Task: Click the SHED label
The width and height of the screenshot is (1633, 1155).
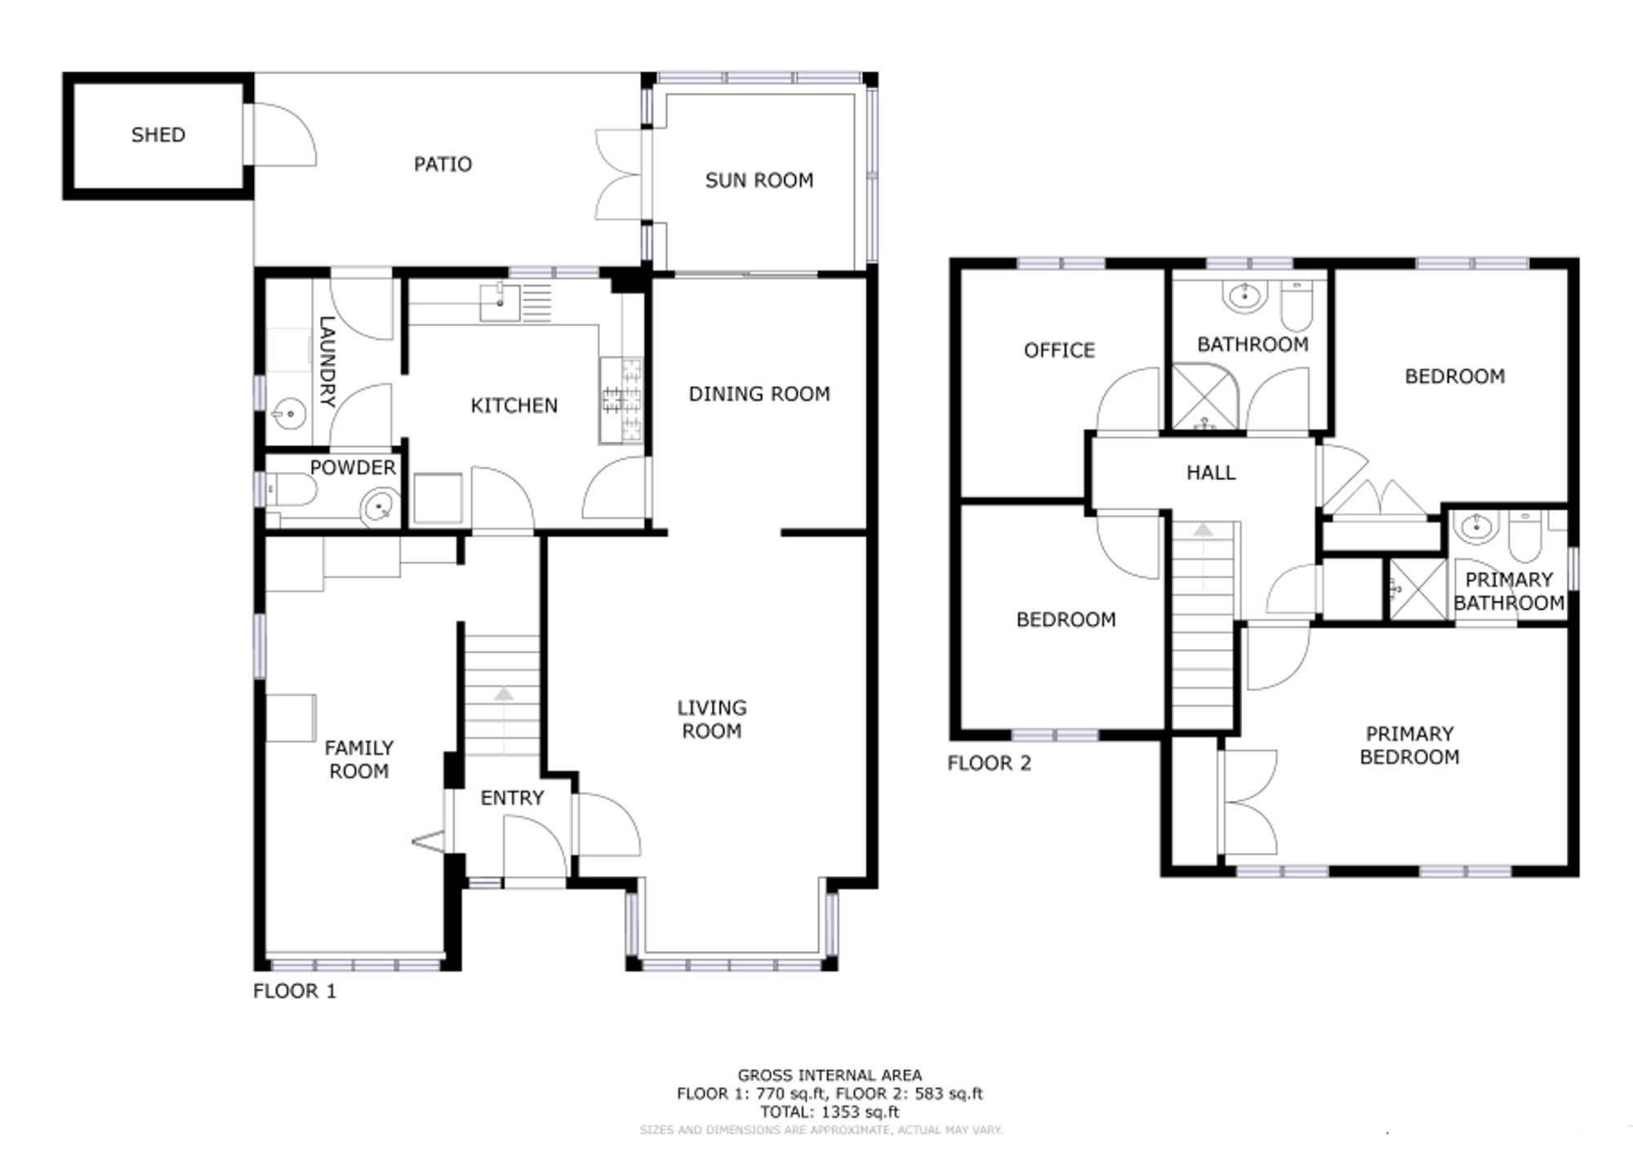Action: click(x=158, y=135)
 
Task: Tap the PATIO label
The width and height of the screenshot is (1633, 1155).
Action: click(x=443, y=164)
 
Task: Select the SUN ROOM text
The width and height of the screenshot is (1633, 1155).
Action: click(x=759, y=180)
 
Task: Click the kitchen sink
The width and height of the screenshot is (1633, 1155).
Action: click(x=499, y=301)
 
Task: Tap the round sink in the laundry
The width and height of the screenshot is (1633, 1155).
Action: click(x=287, y=415)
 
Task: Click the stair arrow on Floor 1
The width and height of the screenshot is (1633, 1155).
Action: click(x=504, y=694)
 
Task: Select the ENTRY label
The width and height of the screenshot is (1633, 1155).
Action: click(x=512, y=797)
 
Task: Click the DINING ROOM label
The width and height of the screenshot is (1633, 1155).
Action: click(x=759, y=393)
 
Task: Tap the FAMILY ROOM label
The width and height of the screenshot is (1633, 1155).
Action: click(x=358, y=759)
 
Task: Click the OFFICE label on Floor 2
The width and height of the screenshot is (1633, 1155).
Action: click(x=1059, y=350)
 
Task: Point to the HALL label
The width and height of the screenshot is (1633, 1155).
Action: click(x=1210, y=473)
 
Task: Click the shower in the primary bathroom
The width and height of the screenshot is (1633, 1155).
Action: click(x=1417, y=588)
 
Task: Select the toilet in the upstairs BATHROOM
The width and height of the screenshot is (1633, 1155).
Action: click(x=1296, y=304)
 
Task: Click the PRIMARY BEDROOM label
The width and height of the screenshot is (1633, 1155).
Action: click(x=1409, y=745)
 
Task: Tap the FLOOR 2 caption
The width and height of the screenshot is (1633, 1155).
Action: click(x=989, y=763)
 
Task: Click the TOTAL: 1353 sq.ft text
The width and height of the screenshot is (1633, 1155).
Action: click(x=829, y=1112)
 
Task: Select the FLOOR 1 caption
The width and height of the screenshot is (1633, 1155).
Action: click(x=294, y=991)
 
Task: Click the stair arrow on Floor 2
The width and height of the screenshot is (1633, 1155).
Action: click(x=1203, y=531)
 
